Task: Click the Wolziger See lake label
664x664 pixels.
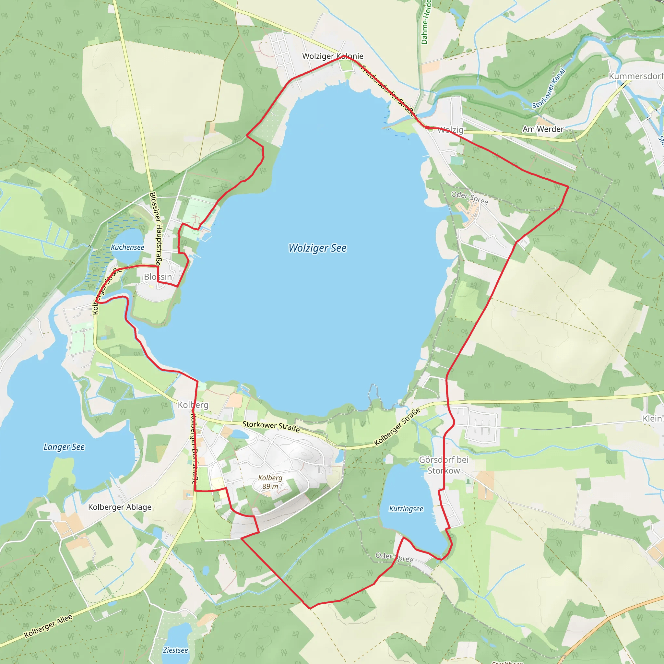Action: [317, 248]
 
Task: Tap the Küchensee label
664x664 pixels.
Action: [127, 247]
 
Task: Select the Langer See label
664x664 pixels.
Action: [64, 447]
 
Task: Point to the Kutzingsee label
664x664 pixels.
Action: [406, 509]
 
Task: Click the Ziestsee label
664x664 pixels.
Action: [175, 650]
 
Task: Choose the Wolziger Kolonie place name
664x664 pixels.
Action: [332, 56]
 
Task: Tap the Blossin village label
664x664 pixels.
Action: [158, 277]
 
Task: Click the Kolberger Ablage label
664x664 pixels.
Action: [120, 507]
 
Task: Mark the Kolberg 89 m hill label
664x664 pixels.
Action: [270, 482]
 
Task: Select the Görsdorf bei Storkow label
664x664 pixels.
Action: [444, 465]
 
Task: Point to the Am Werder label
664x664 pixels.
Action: [543, 129]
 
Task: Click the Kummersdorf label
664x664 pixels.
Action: [635, 76]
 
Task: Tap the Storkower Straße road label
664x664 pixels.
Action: [271, 427]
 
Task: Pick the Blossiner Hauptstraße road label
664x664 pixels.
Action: [156, 229]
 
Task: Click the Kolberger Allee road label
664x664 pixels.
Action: [48, 626]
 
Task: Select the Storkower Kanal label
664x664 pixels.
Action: [549, 89]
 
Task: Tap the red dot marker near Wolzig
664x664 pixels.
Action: [427, 127]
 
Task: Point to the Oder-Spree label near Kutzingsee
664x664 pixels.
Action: [394, 557]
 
